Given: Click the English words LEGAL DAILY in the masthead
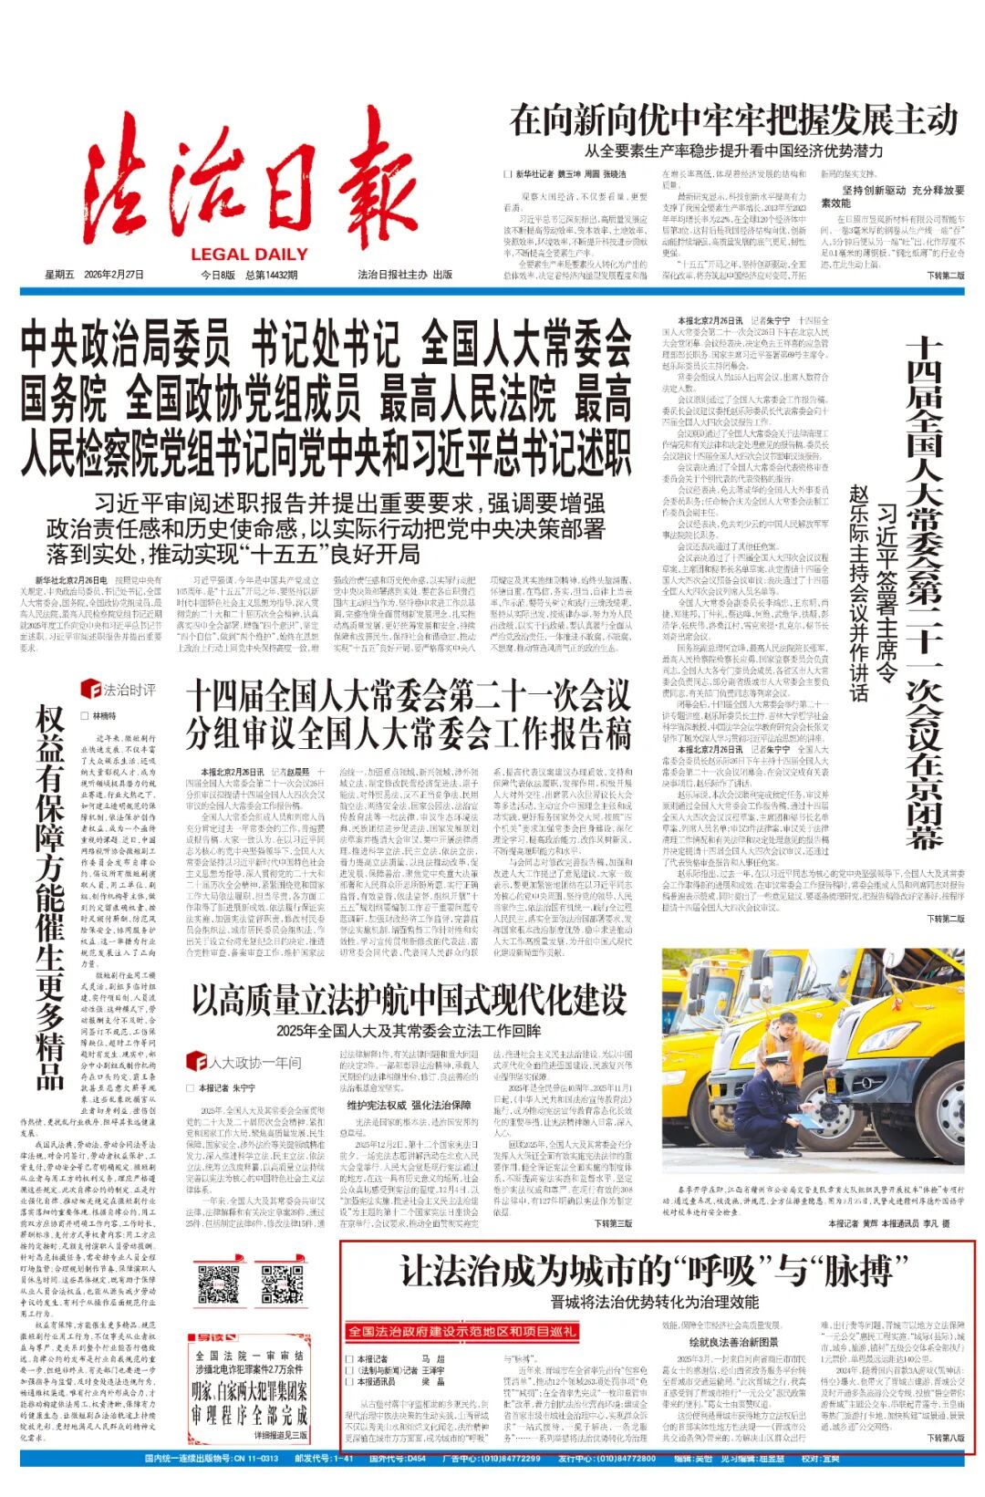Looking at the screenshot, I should [x=249, y=255].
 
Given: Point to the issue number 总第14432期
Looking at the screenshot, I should [x=271, y=275].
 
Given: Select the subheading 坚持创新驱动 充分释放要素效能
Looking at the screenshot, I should [x=892, y=196].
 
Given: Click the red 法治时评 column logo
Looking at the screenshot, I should [x=118, y=690].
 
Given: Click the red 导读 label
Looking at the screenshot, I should [x=212, y=1337].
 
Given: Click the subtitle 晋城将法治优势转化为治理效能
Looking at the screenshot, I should [x=654, y=1301].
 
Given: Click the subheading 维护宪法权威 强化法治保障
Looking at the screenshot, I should [x=408, y=1106].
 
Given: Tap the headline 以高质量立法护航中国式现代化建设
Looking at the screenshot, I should [x=410, y=1000].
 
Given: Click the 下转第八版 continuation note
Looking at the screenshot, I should [x=945, y=1438].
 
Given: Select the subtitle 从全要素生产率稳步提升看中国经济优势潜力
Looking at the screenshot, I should [x=733, y=151].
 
